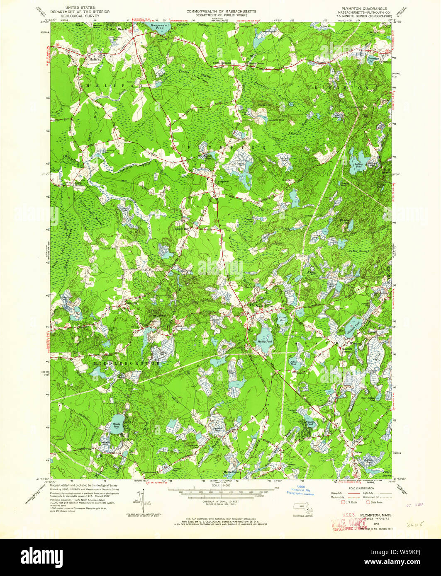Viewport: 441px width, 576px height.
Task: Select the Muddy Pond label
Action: click(264, 341)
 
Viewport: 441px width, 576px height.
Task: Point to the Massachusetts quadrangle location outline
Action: click(302, 508)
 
